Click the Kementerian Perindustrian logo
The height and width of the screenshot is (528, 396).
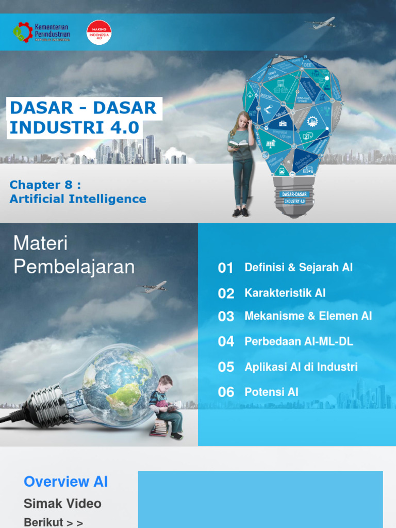tap(41, 32)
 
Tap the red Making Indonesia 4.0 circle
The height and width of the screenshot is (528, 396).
tap(99, 32)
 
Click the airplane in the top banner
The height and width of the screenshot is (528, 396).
tap(323, 23)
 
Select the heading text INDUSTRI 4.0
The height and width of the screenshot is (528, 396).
tap(74, 128)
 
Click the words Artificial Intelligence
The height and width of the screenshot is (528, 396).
tap(78, 199)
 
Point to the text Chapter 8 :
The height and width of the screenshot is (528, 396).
tap(45, 185)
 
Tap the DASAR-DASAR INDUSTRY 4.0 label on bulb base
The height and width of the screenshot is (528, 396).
tap(294, 197)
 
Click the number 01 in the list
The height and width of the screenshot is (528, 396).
tap(226, 268)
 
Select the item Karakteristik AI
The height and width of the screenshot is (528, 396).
tap(285, 293)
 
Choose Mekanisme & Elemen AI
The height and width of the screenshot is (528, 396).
tap(308, 316)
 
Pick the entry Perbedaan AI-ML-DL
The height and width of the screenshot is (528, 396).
tap(299, 341)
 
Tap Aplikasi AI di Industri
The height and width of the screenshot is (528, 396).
tap(301, 367)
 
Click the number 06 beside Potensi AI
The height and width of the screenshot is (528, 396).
tap(226, 392)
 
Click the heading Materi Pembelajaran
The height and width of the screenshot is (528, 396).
tap(74, 255)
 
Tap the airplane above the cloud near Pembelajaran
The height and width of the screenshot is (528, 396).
tap(154, 287)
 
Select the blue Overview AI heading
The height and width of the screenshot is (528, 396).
tap(66, 482)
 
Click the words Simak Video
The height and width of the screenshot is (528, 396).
tap(62, 504)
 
